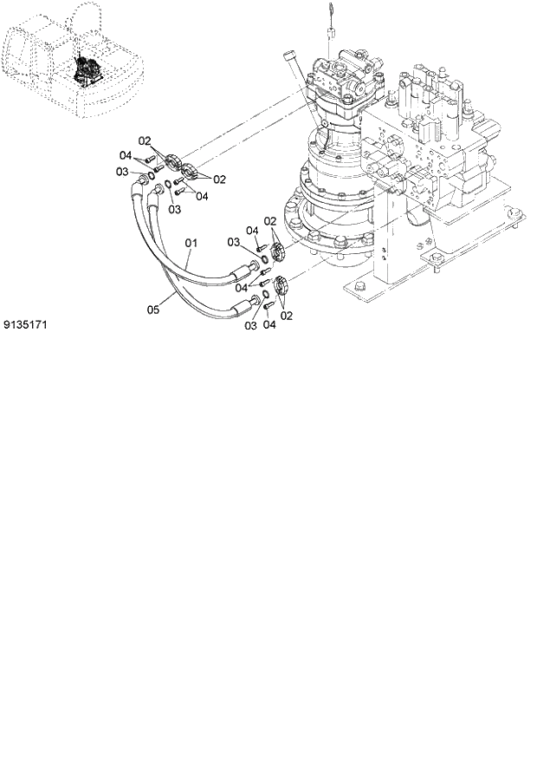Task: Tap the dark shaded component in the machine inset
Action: coord(87,69)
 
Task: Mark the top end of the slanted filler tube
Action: coord(292,57)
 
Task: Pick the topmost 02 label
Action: coord(146,140)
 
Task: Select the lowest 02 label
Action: coord(286,315)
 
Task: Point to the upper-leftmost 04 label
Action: coord(126,157)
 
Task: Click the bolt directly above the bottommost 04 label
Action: coord(269,304)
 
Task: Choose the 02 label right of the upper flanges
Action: coord(219,179)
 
